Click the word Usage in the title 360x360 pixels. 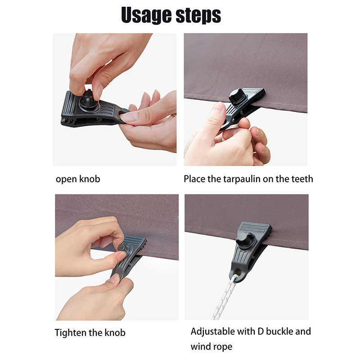146,15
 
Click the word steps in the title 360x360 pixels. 198,15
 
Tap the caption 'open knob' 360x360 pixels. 78,179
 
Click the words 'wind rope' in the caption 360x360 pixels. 211,346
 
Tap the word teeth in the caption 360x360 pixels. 302,179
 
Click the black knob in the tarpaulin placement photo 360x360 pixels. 237,96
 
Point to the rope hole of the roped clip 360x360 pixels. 238,272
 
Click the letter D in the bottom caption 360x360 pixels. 261,331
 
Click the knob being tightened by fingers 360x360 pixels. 123,248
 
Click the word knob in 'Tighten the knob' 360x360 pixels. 115,333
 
